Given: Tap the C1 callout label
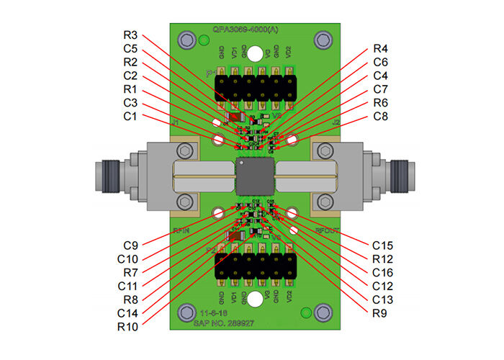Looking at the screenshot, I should (130, 116).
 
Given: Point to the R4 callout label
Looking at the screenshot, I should (381, 48).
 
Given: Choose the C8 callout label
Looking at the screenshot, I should (381, 116).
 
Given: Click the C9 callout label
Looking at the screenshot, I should (130, 246).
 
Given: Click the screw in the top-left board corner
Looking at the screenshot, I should (188, 40).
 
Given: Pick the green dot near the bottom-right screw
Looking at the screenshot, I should (307, 312).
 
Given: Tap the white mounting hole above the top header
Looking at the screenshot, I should (254, 52).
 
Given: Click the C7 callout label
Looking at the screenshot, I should (381, 89).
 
